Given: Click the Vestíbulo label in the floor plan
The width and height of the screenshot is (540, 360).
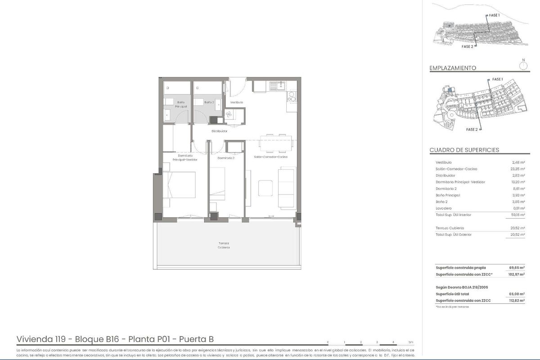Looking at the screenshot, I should [237, 102].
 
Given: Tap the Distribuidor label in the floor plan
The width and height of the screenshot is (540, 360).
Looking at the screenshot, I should [220, 131].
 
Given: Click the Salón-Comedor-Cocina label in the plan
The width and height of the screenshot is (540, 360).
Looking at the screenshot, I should [271, 157].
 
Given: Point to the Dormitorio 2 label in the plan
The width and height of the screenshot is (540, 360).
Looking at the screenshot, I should [226, 158].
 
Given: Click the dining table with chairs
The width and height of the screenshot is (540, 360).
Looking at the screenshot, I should [275, 141].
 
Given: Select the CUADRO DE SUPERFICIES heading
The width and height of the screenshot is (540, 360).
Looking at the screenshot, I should [464, 150].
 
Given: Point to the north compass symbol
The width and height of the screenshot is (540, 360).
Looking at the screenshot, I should [523, 65].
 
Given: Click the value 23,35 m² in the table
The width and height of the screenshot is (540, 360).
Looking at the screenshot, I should [518, 169].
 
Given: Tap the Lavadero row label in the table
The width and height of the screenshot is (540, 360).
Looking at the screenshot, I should [444, 208].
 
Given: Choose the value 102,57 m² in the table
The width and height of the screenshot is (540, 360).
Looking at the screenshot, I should [517, 274].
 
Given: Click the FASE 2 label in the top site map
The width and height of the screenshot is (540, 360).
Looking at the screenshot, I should [467, 46].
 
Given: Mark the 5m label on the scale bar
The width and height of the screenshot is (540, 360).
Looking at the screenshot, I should [410, 342].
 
